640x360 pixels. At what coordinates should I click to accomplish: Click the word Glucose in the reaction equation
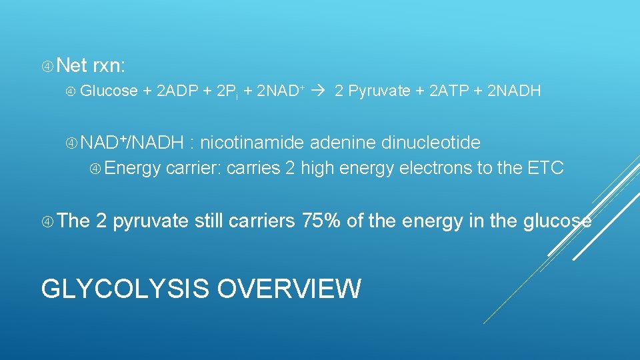109,91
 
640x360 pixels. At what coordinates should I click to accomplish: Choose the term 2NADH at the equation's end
515,91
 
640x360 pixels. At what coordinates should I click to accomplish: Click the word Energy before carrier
132,167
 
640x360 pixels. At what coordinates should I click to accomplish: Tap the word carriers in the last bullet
262,221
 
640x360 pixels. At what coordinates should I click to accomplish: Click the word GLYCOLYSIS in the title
124,289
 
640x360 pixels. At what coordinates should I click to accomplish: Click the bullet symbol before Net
47,66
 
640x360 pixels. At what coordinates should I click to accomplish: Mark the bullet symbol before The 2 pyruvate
47,221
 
